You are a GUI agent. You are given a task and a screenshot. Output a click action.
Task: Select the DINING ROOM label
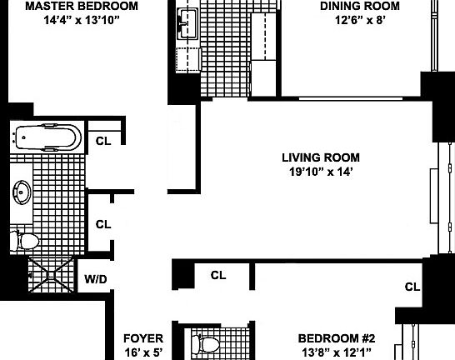point(360,6)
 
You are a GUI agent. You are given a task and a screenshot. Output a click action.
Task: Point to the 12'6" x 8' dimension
point(360,21)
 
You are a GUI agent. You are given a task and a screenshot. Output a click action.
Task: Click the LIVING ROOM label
point(320,157)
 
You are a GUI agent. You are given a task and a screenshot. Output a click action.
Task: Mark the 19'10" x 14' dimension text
point(320,172)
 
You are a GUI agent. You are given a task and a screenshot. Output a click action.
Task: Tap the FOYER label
point(142,339)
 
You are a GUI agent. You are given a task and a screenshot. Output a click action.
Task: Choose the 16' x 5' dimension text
point(142,353)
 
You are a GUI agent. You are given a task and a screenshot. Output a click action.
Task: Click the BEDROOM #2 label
point(337,339)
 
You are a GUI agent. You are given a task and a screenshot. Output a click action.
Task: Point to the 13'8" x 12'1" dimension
point(337,353)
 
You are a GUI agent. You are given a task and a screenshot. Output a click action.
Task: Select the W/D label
point(96,278)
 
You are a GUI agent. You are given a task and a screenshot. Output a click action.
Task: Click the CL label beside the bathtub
point(103,141)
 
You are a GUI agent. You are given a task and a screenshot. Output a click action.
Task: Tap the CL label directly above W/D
point(103,223)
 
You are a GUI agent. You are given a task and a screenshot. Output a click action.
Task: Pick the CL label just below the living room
point(218,275)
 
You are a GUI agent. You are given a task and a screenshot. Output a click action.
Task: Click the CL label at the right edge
point(412,287)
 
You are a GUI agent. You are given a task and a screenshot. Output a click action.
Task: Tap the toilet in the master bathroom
point(27,242)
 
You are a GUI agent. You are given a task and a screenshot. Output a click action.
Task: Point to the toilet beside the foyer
point(205,343)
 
